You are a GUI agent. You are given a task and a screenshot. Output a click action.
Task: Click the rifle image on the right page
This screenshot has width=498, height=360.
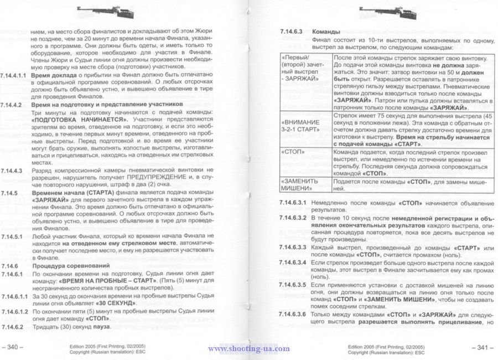point(377,9)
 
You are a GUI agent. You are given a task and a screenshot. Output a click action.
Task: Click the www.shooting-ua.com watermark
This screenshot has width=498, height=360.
point(248,348)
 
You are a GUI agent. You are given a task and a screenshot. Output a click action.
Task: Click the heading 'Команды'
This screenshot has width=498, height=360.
point(326,32)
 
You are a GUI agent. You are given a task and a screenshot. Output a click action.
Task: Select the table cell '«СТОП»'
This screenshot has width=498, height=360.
point(293,151)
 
